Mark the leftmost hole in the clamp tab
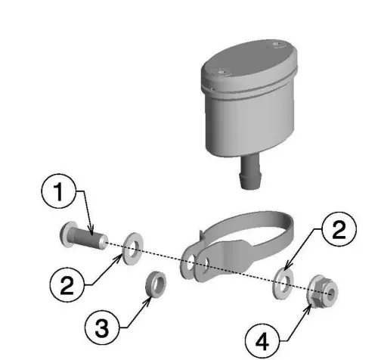pyautogui.click(x=186, y=262)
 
